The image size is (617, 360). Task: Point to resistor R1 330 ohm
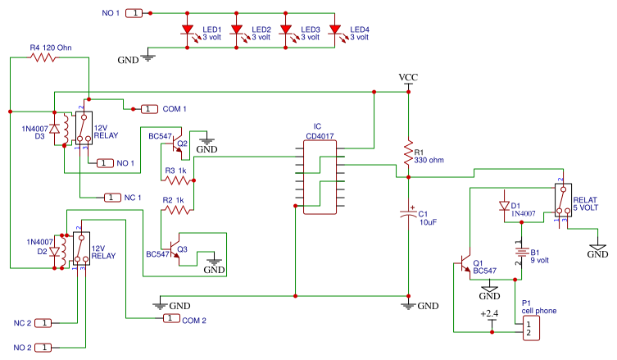[407, 152]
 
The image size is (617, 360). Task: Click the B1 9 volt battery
[519, 253]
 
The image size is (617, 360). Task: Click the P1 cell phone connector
[528, 329]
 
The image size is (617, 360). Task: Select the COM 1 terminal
[149, 108]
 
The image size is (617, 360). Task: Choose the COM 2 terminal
[171, 318]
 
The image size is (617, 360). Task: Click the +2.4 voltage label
[489, 314]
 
